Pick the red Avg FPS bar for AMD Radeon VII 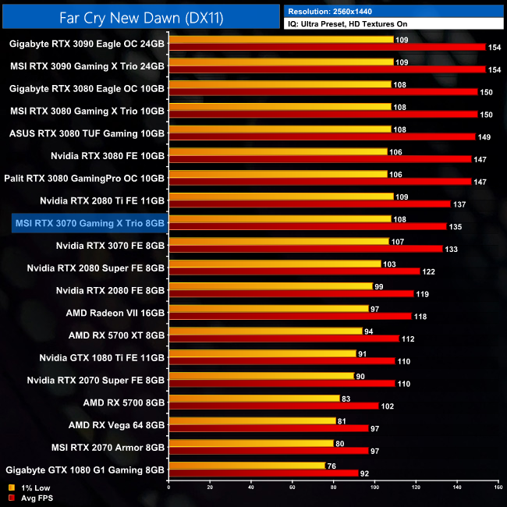[x=289, y=316]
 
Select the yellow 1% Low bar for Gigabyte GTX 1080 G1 [x=246, y=466]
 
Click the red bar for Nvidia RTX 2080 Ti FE [x=309, y=204]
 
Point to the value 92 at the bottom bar [x=364, y=473]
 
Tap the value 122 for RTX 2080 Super [x=428, y=271]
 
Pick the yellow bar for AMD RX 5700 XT [x=265, y=331]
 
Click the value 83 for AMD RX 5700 [x=346, y=398]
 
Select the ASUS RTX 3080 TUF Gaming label [x=87, y=133]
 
